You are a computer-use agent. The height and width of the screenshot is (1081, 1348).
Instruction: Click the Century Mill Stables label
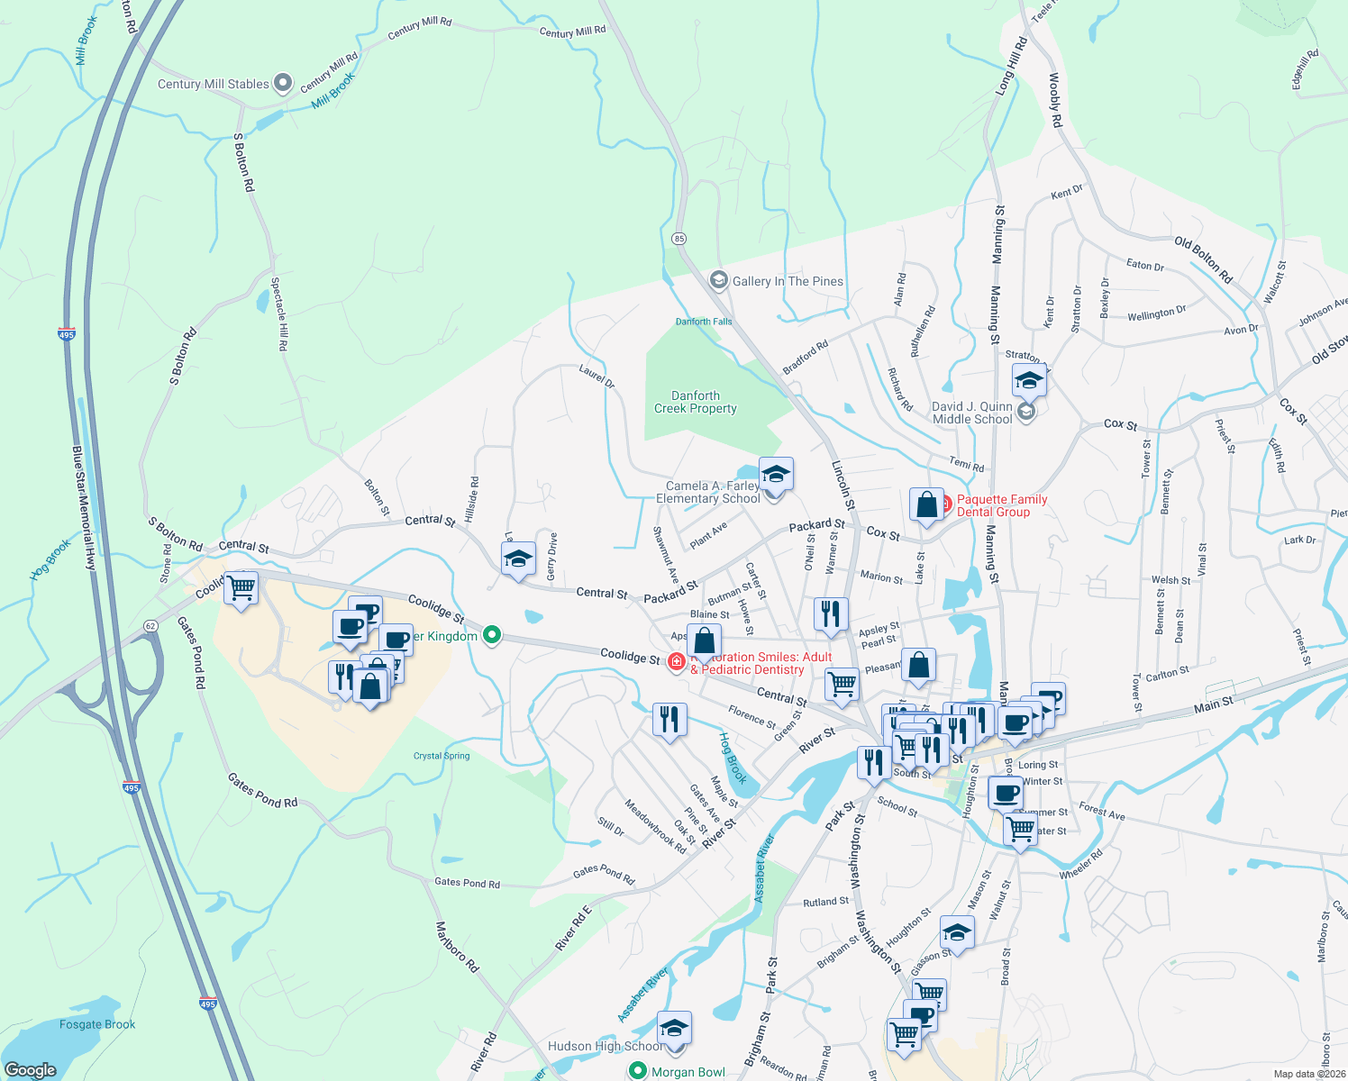(214, 84)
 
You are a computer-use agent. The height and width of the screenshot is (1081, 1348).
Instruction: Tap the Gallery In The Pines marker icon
(718, 280)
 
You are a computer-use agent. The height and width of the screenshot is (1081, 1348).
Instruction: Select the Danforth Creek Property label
(696, 402)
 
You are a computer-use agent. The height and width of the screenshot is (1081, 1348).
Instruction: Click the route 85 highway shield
(679, 239)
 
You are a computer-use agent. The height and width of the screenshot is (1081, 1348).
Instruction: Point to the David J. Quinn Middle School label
(972, 413)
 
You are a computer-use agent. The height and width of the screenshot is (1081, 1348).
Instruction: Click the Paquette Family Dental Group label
(1002, 505)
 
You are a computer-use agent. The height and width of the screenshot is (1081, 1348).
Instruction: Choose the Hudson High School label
(606, 1046)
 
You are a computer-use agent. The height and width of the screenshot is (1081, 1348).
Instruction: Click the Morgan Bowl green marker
(638, 1071)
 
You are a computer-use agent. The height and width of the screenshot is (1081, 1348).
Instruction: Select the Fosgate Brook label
(97, 1024)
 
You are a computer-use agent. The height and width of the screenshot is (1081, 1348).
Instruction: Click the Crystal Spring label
(442, 756)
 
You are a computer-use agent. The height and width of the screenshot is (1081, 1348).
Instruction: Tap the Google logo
(31, 1069)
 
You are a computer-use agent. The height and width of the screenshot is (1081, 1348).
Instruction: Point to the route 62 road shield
(150, 625)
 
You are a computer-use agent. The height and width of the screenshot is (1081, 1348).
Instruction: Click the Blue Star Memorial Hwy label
(84, 508)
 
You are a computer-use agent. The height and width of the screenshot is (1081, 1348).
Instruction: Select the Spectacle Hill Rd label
(279, 313)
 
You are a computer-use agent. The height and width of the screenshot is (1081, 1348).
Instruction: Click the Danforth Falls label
(704, 322)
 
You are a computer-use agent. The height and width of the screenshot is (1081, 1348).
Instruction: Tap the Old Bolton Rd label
(1203, 259)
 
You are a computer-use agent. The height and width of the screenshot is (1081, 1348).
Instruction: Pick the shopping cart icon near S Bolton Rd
(241, 587)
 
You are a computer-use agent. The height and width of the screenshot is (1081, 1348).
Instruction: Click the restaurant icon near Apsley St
(830, 613)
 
